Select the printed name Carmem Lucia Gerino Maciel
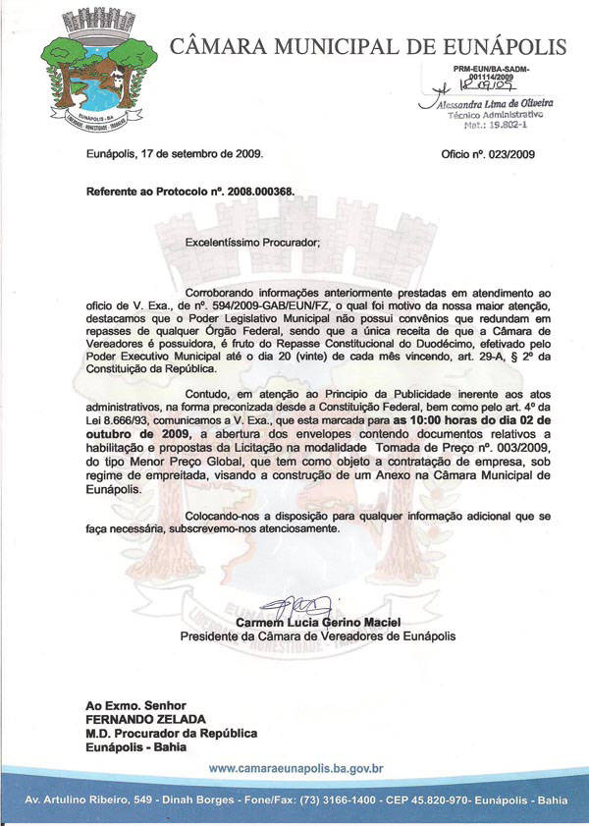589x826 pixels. point(318,623)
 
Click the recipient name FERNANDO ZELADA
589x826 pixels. point(140,719)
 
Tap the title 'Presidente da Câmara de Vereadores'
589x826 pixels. point(279,636)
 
